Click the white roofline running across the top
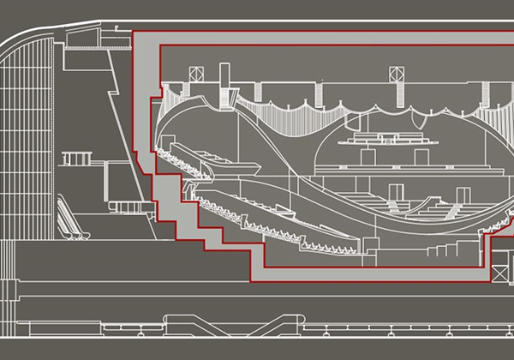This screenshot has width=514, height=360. tap(257, 19)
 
